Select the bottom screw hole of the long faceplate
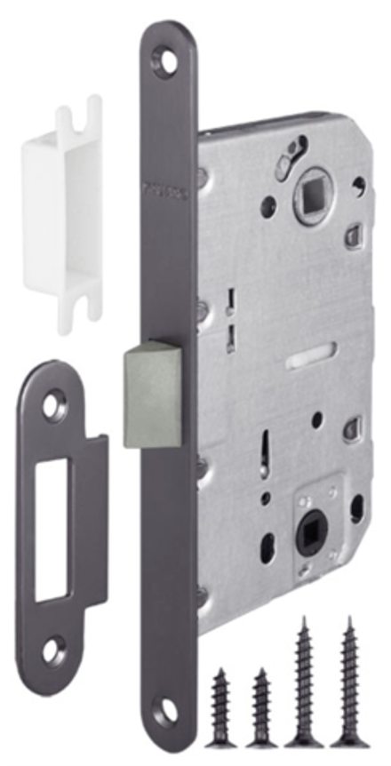click(x=166, y=708)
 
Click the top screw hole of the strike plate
click(x=53, y=407)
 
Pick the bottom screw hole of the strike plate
click(x=53, y=651)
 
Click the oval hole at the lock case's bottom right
click(x=356, y=507)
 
